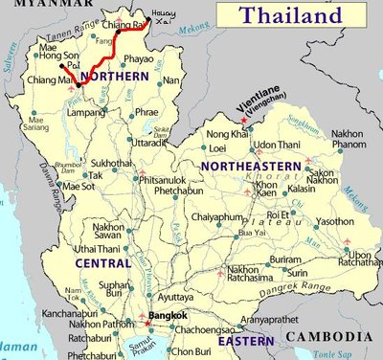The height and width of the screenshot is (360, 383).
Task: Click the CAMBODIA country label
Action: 332,336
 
